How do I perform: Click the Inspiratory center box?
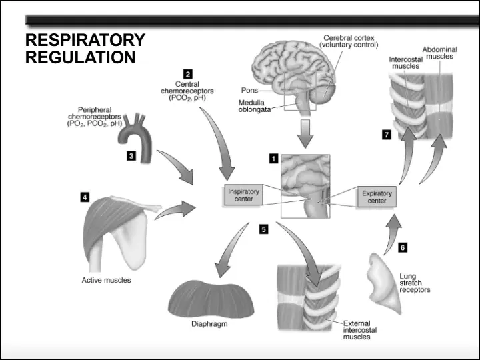tap(243, 195)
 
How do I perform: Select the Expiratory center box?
tap(377, 197)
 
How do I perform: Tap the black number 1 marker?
tap(273, 159)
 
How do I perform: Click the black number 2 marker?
tap(187, 74)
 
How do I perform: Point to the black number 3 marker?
tap(131, 156)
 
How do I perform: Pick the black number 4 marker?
tap(85, 197)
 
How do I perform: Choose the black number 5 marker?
tap(263, 229)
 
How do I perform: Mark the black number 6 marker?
tap(403, 247)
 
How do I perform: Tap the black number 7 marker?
tap(387, 135)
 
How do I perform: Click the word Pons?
tap(249, 90)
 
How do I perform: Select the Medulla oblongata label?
tap(255, 106)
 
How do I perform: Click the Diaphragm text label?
tap(209, 323)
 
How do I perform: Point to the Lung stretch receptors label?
tap(415, 283)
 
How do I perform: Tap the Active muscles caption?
tap(106, 280)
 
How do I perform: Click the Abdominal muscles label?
tap(440, 53)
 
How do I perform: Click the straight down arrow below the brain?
tap(305, 134)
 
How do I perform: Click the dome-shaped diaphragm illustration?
tap(211, 299)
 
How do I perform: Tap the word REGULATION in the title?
tap(80, 57)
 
